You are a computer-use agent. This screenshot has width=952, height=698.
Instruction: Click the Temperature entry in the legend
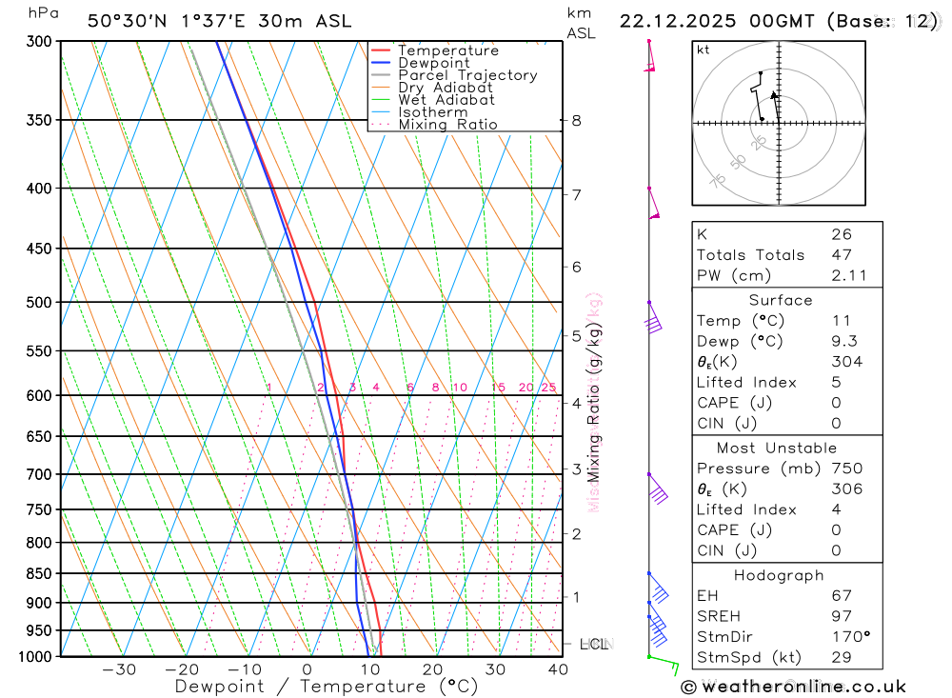(447, 50)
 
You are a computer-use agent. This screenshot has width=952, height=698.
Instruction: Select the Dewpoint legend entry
(434, 63)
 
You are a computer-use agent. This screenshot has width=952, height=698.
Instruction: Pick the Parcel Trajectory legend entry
(467, 75)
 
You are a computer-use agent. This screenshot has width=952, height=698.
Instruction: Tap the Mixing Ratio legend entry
(447, 125)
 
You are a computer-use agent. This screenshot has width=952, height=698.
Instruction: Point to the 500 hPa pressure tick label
(39, 303)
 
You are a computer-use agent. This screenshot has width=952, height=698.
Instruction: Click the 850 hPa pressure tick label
(39, 574)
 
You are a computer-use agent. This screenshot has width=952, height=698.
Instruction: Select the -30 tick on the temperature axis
(118, 669)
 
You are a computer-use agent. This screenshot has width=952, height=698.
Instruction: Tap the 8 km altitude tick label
(576, 121)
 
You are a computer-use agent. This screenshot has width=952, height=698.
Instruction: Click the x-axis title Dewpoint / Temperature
(327, 687)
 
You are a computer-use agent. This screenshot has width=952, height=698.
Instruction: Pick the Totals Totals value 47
(842, 254)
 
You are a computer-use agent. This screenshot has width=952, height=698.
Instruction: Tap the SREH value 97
(842, 616)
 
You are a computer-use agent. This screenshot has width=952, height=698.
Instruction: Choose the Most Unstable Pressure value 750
(846, 469)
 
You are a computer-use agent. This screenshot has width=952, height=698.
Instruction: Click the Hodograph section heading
(779, 575)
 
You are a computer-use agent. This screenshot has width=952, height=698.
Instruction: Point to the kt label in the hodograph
(704, 50)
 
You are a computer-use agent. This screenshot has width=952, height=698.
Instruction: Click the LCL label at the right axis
(594, 645)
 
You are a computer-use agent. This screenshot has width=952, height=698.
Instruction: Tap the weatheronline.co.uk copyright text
(793, 687)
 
